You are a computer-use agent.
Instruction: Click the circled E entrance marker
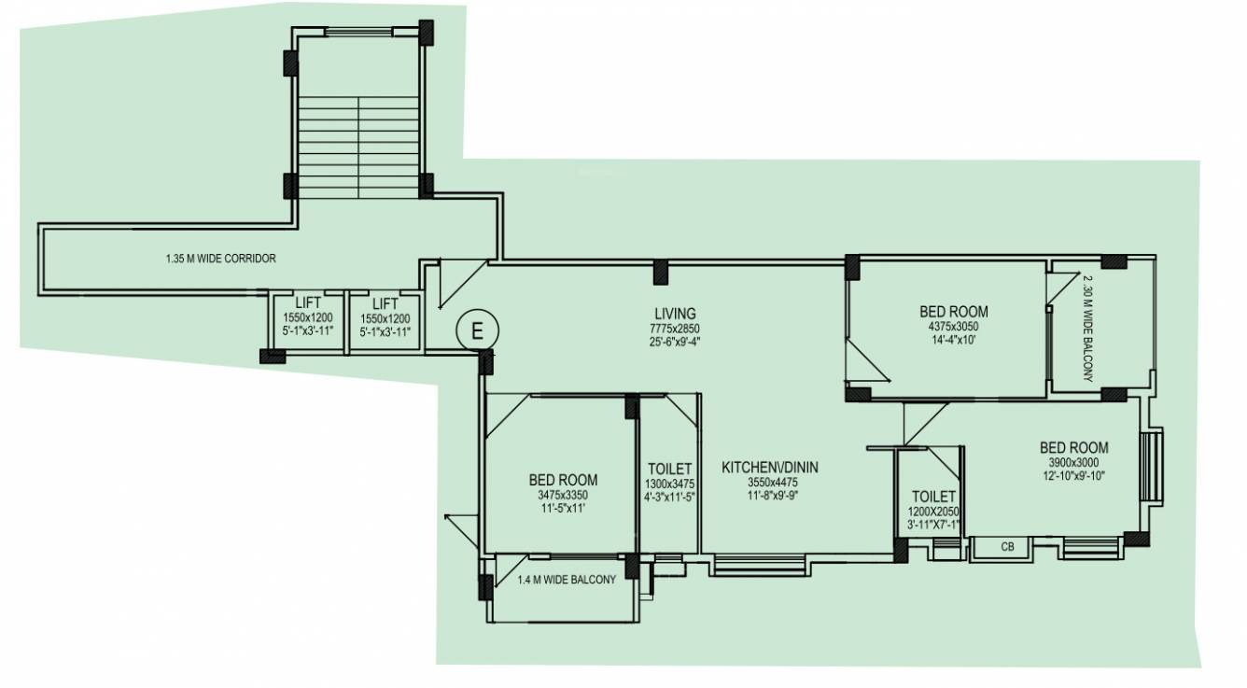pos(478,330)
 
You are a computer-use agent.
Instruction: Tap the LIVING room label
pos(674,314)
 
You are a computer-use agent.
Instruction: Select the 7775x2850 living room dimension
pos(674,329)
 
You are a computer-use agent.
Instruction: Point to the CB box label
pos(1007,547)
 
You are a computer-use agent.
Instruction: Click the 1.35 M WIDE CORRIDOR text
pos(216,259)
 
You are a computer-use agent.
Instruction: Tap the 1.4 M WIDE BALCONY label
pos(567,580)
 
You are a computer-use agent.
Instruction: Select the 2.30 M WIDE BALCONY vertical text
pos(1088,330)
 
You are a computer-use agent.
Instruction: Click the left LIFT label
pos(308,304)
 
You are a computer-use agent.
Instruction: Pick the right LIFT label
pos(385,304)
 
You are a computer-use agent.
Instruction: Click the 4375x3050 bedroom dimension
pos(953,327)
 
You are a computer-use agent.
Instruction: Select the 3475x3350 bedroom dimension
pos(563,495)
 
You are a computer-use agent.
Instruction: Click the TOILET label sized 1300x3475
pos(669,469)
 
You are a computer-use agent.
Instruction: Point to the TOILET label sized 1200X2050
pos(933,498)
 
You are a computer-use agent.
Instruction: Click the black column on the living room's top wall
pos(660,271)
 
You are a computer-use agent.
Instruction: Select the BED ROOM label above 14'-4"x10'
pos(953,312)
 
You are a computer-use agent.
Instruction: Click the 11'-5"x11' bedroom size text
pos(563,509)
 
